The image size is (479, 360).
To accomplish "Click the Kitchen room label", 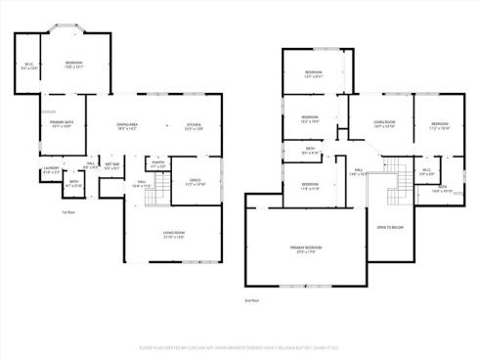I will (x=194, y=126).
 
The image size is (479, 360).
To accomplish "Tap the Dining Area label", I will (x=127, y=126).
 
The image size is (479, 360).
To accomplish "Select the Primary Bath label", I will (x=63, y=124).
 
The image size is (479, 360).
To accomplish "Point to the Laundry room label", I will (x=51, y=170).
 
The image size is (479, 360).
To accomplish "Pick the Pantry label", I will (x=157, y=164).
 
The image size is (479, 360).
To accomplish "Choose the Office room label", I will (x=195, y=182).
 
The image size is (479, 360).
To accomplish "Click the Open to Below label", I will (x=390, y=227).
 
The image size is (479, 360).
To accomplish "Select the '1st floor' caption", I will (x=68, y=211).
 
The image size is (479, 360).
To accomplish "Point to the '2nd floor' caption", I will (x=254, y=301).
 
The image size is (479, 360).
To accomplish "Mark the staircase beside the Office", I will (x=154, y=196).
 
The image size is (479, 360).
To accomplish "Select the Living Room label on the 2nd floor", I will (x=383, y=123).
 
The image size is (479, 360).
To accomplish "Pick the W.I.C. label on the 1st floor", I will (x=31, y=67).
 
